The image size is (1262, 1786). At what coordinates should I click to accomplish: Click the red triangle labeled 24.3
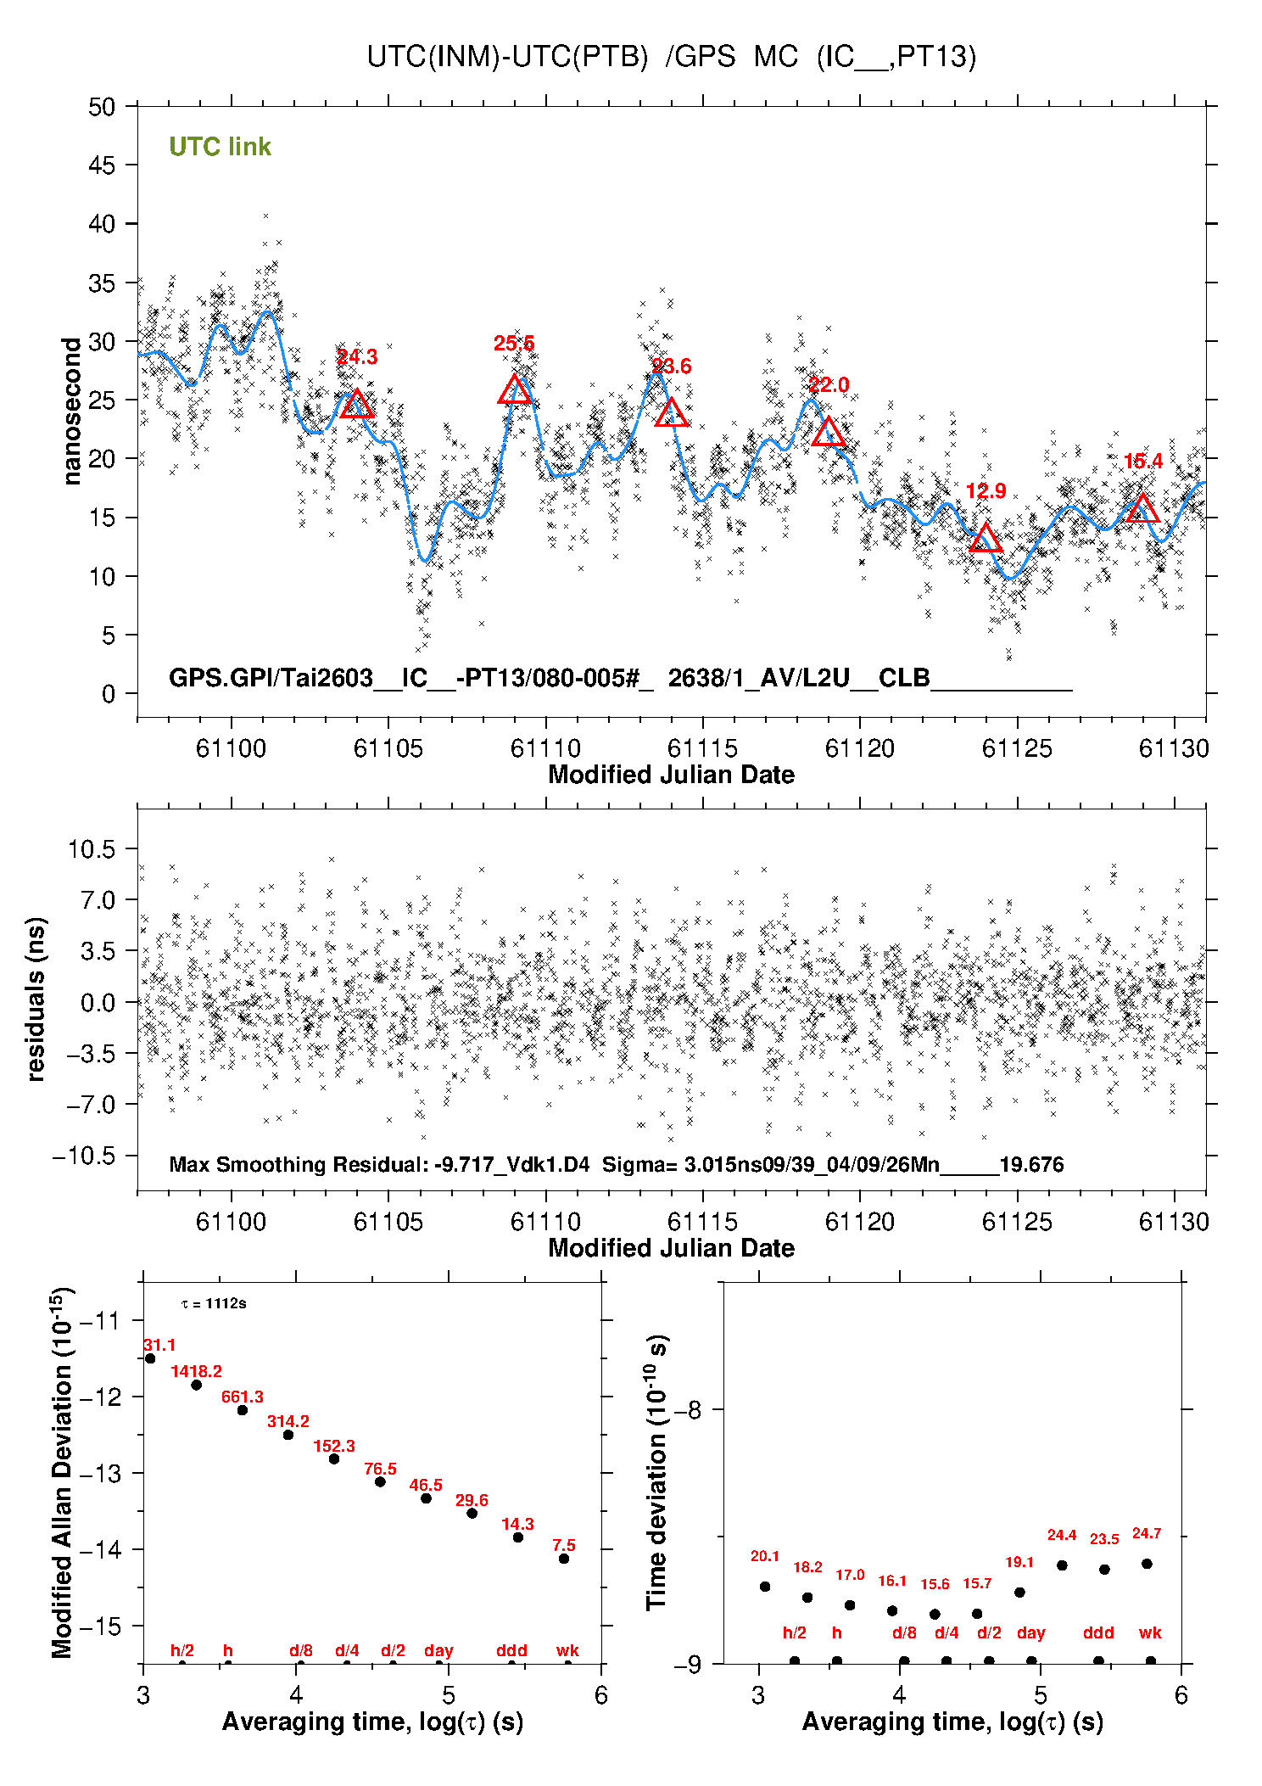coord(357,406)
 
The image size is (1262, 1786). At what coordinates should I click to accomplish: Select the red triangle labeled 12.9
coord(985,539)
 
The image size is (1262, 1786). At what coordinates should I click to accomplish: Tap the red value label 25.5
coord(514,344)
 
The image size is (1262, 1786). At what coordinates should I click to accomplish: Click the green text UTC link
coord(220,147)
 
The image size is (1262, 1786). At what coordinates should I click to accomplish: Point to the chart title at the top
coord(671,57)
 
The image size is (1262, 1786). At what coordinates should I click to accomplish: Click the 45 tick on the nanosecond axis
coord(102,165)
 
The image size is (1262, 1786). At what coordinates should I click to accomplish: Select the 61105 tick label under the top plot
coord(388,748)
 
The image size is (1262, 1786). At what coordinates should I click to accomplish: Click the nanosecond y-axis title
coord(72,411)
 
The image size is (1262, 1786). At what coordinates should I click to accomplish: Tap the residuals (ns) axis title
coord(36,999)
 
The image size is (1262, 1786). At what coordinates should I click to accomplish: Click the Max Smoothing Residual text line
coord(616,1164)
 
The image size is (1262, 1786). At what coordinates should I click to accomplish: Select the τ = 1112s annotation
coord(214,1303)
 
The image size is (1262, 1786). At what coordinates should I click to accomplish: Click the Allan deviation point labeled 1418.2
coord(196,1385)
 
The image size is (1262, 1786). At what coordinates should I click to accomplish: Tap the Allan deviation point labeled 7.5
coord(564,1559)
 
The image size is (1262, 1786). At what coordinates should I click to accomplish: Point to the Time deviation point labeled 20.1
coord(765,1587)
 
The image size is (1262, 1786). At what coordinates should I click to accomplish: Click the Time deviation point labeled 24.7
coord(1147,1564)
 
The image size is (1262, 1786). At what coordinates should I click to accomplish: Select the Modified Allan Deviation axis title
coord(62,1473)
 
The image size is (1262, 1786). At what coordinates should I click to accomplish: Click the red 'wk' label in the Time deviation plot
coord(1150,1632)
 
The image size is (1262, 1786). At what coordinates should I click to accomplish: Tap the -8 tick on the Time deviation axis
coord(689,1410)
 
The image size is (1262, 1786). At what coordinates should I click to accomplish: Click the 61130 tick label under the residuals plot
coord(1174,1222)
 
